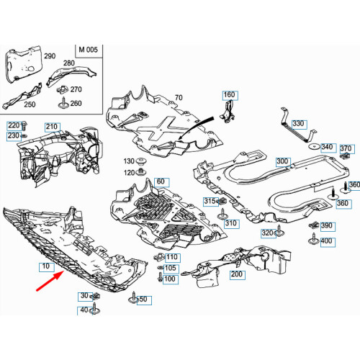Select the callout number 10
coord(47,266)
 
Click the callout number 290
coord(49,55)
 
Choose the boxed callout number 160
coord(229,95)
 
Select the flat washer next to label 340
coord(314,148)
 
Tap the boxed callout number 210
coord(52,127)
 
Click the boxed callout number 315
coord(210,201)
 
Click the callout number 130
coord(129,161)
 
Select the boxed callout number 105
coord(170,268)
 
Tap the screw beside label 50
coord(133,297)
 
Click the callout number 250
coord(29,105)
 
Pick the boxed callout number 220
coord(14,125)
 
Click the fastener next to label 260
coord(65,104)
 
